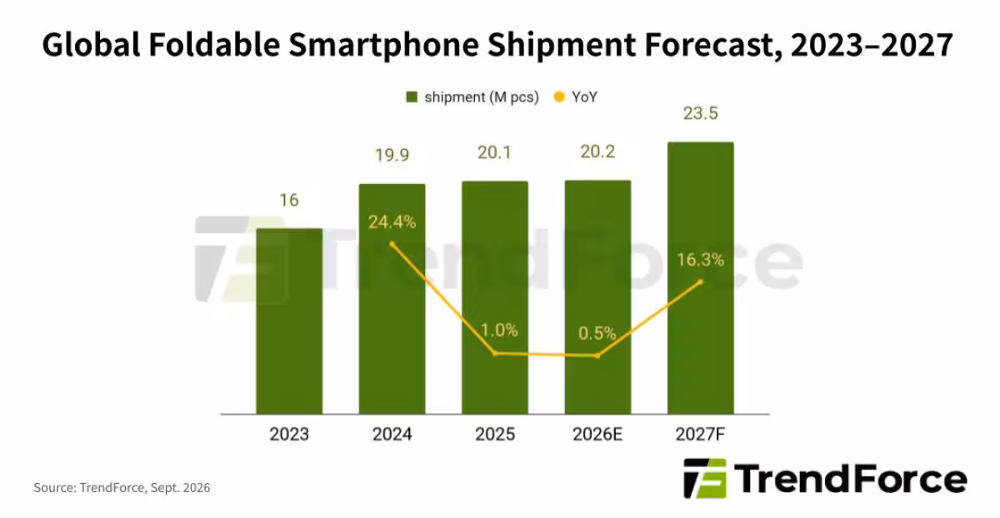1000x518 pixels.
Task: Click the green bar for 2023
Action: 289,321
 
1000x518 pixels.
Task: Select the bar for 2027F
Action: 701,278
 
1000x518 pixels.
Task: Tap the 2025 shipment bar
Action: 495,297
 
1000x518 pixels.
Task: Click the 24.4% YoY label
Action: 392,222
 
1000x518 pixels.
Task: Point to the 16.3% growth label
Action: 701,260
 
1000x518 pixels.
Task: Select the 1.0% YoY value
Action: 499,330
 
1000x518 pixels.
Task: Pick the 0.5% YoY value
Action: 597,333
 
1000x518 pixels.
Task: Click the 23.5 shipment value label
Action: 701,113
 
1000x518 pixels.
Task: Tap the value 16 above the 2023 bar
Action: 289,200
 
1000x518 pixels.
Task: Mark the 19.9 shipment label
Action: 392,155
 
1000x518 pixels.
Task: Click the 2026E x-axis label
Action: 597,434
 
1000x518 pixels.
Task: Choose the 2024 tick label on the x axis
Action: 392,434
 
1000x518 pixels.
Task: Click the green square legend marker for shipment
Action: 412,97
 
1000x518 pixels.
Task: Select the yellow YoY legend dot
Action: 559,97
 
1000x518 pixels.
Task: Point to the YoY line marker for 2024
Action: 392,244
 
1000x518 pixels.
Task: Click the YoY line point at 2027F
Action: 701,281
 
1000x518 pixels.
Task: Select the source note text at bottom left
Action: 122,488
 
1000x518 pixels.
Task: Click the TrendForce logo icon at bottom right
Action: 705,478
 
